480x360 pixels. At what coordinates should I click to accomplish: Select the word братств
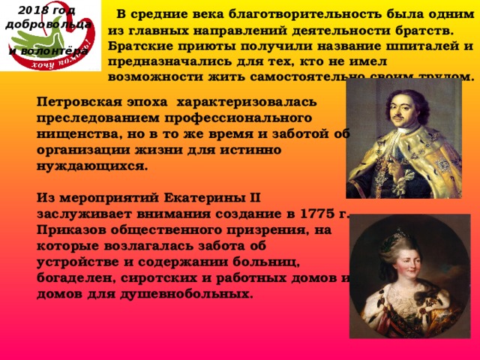point(420,31)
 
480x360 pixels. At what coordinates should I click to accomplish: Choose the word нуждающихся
point(93,166)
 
